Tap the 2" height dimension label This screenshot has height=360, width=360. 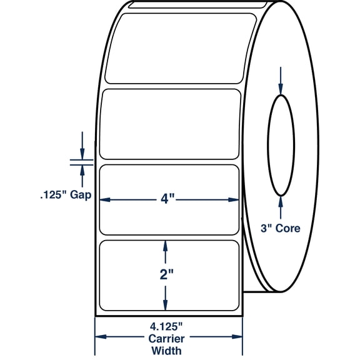point(165,276)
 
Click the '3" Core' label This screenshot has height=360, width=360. point(280,229)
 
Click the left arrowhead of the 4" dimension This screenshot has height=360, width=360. point(106,201)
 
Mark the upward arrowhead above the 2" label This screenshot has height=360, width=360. point(165,247)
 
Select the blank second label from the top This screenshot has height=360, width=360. point(169,124)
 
